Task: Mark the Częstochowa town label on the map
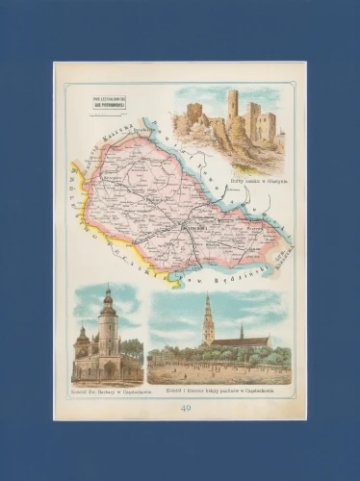(189, 229)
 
